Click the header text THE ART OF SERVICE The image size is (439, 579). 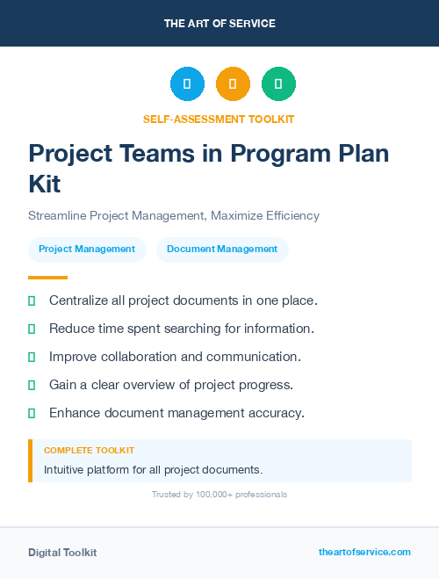pos(219,24)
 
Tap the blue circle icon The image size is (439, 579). pos(187,84)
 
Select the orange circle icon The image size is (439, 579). pos(233,84)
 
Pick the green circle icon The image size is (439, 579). pos(278,84)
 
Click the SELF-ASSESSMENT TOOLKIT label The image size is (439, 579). pos(219,119)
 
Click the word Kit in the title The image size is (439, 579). pos(45,185)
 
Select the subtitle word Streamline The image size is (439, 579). pos(60,215)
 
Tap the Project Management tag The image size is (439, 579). pos(87,250)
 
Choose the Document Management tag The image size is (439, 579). pos(222,250)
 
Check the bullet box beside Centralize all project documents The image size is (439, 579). pos(32,300)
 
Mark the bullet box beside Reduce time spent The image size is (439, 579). pos(32,329)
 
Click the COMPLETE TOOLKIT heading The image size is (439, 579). pos(89,451)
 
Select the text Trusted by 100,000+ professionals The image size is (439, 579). pos(219,495)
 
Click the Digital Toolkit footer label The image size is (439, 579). pos(62,553)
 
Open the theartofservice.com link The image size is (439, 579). pos(364,552)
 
